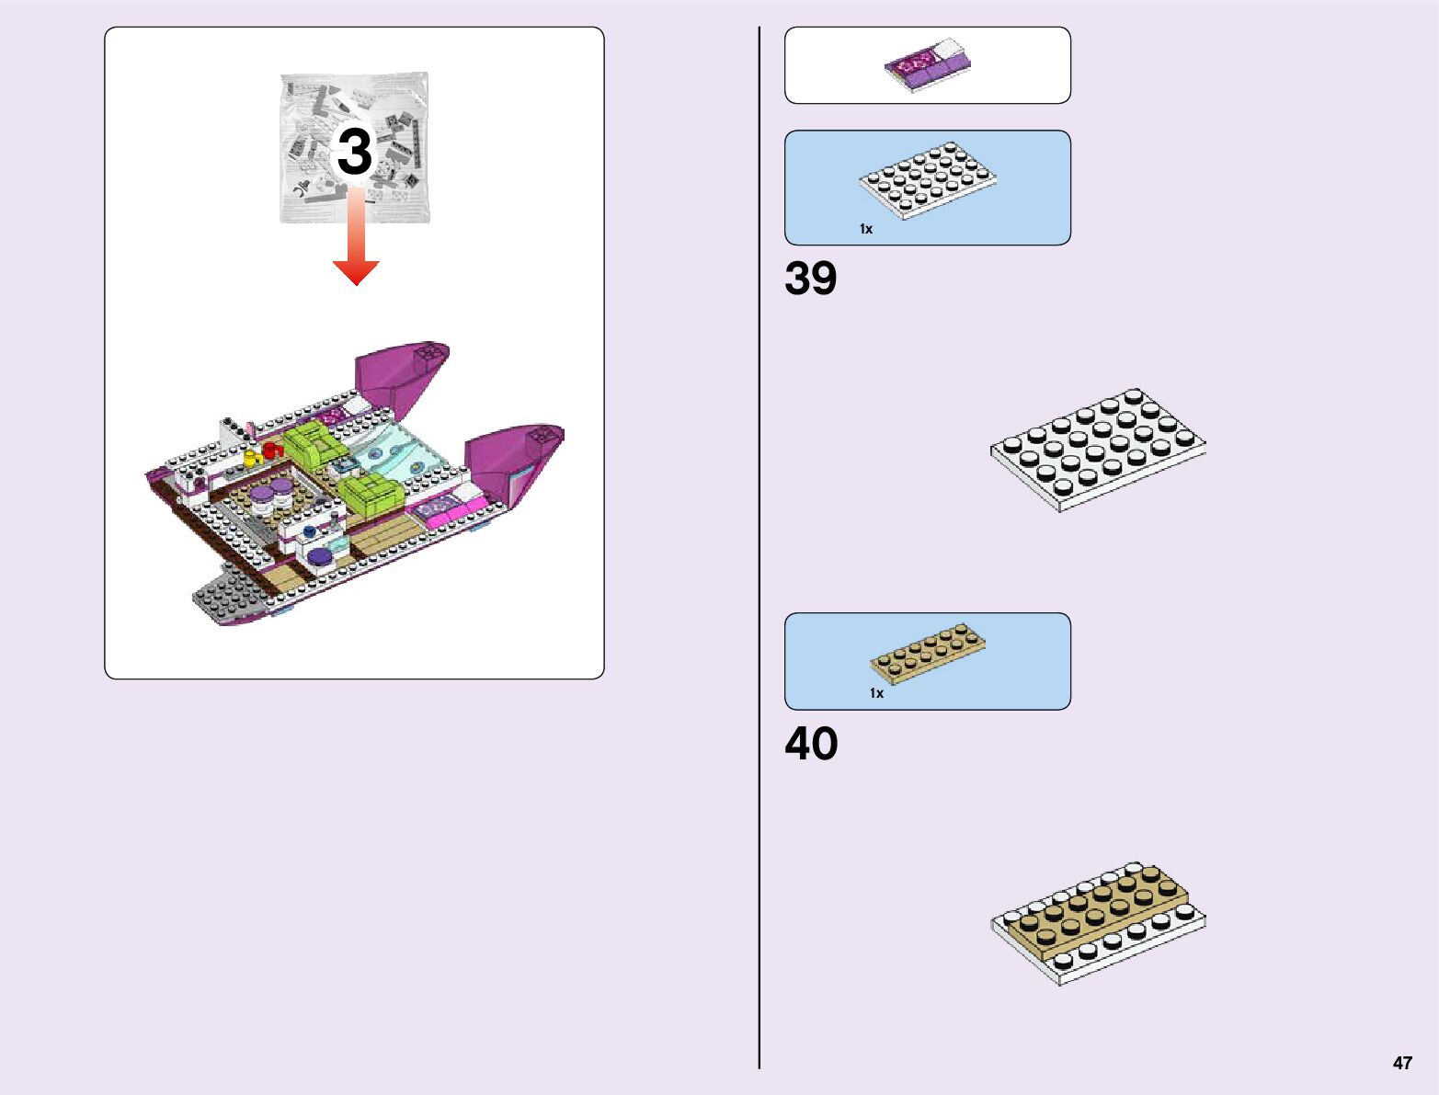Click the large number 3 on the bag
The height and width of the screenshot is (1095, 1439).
[x=354, y=152]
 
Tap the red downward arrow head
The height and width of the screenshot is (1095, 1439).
[x=356, y=271]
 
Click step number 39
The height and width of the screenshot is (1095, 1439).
[x=811, y=279]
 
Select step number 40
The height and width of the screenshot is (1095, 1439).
[x=811, y=744]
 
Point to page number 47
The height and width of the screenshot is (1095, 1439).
[x=1401, y=1063]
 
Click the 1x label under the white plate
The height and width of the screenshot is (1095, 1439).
[x=865, y=229]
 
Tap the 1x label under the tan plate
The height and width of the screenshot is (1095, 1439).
[x=876, y=693]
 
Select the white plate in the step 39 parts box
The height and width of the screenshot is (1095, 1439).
[x=928, y=178]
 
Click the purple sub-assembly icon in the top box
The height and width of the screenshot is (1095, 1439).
[x=927, y=65]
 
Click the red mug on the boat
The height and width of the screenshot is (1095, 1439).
[x=270, y=451]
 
